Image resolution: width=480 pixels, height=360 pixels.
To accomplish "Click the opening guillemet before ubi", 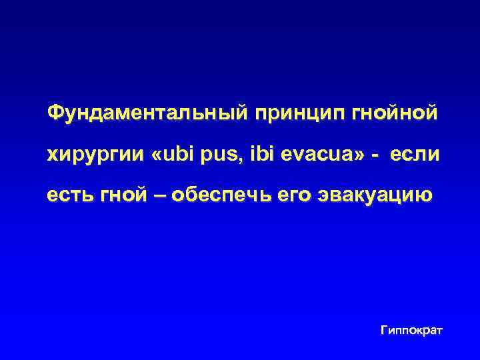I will pos(157,155).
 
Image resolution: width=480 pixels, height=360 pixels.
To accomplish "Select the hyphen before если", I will pos(378,156).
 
